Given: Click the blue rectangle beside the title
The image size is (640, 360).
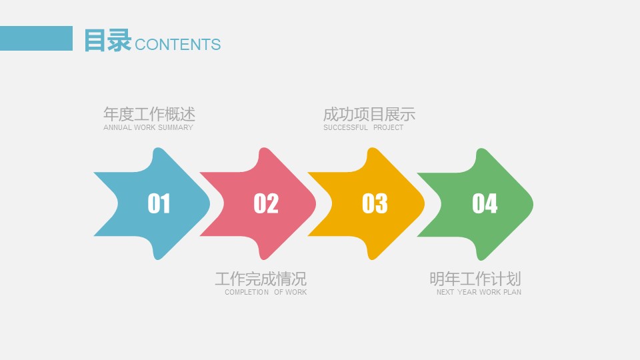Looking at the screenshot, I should tap(36, 38).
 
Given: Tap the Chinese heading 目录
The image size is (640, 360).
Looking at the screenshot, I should tap(107, 41).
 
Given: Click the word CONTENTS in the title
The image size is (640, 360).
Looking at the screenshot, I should tap(177, 45).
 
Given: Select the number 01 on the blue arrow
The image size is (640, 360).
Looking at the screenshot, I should tap(159, 203).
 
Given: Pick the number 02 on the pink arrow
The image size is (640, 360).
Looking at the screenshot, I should tap(266, 203).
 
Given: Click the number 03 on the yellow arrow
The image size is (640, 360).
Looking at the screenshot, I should tap(375, 203).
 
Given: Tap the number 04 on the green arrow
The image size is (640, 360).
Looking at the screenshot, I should tap(485, 203).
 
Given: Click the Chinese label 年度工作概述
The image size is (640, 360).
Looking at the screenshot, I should tap(149, 113).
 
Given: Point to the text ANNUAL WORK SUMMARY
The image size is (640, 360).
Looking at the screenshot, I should tap(148, 127).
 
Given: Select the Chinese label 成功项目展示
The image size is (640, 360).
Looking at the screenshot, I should tap(369, 113).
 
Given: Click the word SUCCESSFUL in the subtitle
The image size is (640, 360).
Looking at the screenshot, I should tap(345, 127).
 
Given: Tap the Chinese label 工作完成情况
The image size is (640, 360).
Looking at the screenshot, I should tap(261, 278).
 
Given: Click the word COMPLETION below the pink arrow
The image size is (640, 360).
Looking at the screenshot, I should tap(247, 292).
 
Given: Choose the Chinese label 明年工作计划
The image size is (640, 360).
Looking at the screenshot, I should tap(475, 278).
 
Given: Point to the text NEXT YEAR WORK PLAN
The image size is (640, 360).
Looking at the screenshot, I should tap(479, 292).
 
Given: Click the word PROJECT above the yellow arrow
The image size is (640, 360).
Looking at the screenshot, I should tap(388, 127).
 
